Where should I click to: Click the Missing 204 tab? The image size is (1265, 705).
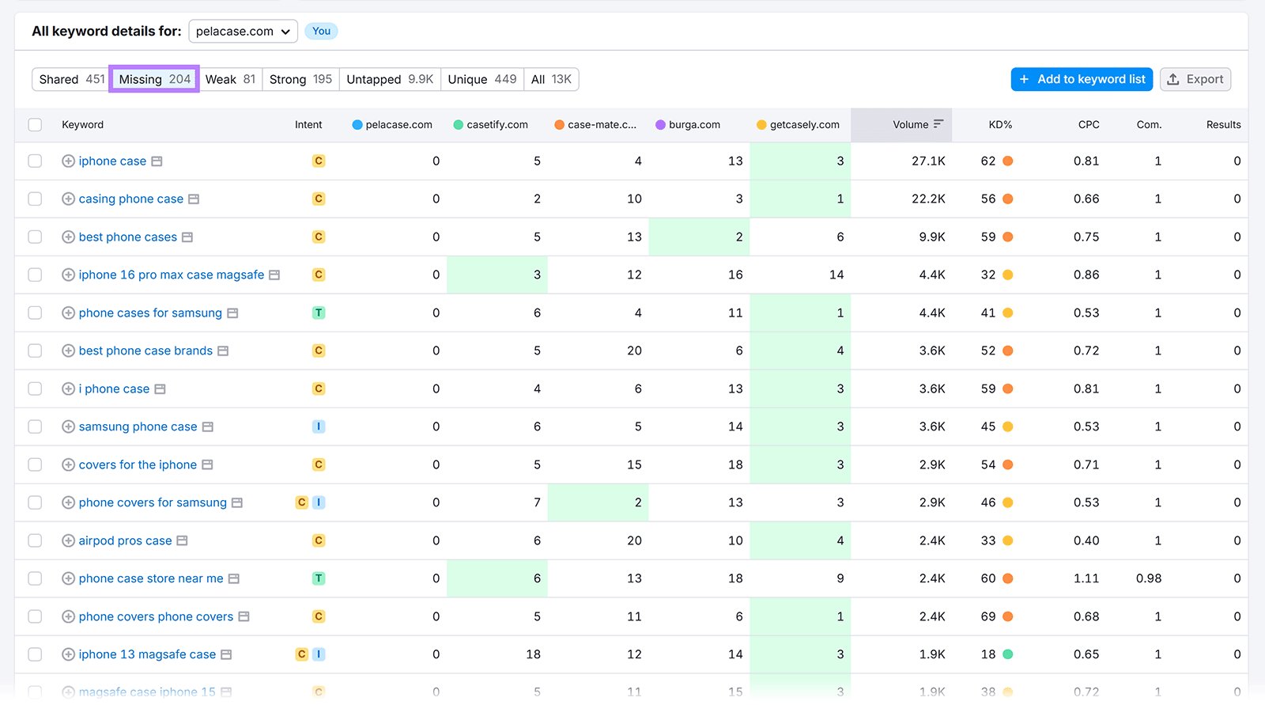click(154, 79)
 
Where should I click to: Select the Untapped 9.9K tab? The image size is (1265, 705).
click(390, 79)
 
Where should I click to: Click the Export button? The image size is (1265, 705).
click(1195, 79)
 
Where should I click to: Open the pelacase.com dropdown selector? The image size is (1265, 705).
click(243, 32)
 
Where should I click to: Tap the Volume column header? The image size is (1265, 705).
click(911, 125)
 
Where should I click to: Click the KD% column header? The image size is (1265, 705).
click(999, 125)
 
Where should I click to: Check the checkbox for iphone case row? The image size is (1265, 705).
click(35, 161)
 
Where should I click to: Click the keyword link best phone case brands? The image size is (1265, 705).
click(145, 351)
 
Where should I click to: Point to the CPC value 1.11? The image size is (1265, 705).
click(1086, 579)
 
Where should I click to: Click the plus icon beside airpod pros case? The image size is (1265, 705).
click(69, 541)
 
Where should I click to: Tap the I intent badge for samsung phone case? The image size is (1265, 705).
click(319, 427)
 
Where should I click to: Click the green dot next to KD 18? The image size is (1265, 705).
click(1007, 655)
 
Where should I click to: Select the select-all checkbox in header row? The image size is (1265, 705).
click(35, 125)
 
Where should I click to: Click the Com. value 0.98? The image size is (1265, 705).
click(1148, 579)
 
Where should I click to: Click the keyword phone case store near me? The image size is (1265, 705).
click(150, 579)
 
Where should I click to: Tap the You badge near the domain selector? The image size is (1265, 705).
click(321, 32)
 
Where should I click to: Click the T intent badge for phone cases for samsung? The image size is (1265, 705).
click(319, 313)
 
